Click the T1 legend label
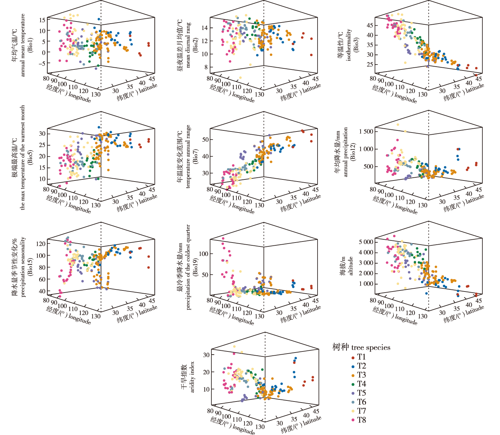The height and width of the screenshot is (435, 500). click(x=361, y=357)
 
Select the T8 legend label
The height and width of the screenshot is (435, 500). click(x=361, y=420)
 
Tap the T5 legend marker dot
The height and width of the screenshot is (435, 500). click(x=353, y=393)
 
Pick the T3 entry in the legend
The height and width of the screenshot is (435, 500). click(x=361, y=375)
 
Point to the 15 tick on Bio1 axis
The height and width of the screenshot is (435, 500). click(x=42, y=20)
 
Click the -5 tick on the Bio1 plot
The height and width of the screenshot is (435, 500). click(x=42, y=63)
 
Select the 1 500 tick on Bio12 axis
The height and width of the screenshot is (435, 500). click(x=366, y=131)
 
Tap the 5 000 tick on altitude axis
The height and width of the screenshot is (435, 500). click(x=366, y=242)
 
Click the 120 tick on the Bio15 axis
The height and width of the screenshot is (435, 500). click(x=41, y=244)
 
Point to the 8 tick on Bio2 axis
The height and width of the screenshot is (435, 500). click(x=205, y=67)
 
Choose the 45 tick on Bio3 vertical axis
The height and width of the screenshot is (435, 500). click(x=370, y=25)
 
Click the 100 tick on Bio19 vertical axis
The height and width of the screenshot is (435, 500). click(x=204, y=254)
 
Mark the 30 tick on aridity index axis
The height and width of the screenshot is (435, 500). click(x=206, y=355)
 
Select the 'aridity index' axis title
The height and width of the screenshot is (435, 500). click(x=193, y=376)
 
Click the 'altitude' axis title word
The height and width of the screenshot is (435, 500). click(x=351, y=265)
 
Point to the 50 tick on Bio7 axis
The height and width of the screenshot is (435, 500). click(x=205, y=140)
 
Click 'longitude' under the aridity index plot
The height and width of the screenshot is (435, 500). click(x=243, y=429)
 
